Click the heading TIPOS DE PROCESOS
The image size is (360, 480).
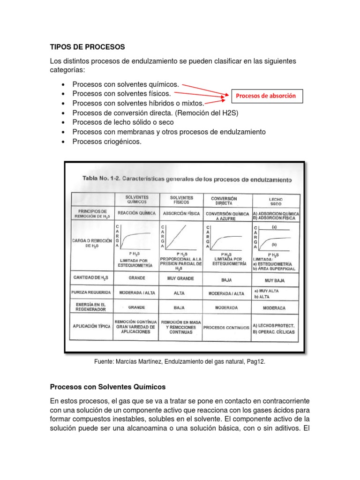pyautogui.click(x=87, y=47)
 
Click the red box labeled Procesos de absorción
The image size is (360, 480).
pyautogui.click(x=266, y=96)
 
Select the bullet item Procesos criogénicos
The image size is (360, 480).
pyautogui.click(x=106, y=142)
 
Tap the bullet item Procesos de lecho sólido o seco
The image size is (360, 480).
pyautogui.click(x=123, y=122)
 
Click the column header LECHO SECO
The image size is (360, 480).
pyautogui.click(x=276, y=201)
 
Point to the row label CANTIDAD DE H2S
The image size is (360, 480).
pyautogui.click(x=91, y=278)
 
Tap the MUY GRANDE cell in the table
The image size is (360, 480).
pyautogui.click(x=181, y=278)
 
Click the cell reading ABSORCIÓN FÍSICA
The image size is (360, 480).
pyautogui.click(x=181, y=213)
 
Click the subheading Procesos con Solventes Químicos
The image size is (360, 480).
pyautogui.click(x=107, y=387)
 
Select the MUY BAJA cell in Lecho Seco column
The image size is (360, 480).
pyautogui.click(x=276, y=281)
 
